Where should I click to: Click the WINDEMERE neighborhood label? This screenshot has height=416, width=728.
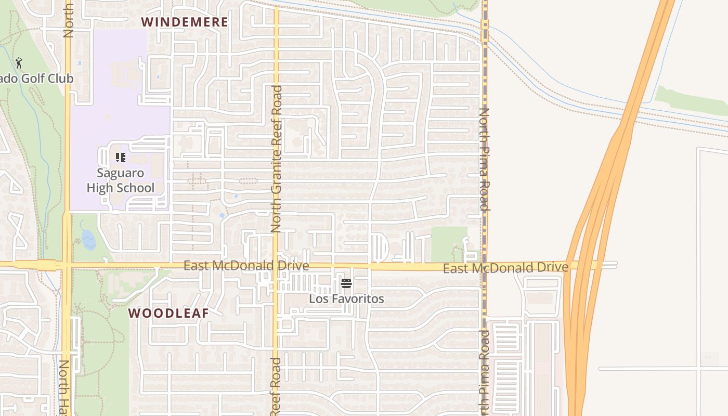pyautogui.click(x=185, y=22)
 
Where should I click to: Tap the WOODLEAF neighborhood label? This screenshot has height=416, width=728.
pyautogui.click(x=168, y=313)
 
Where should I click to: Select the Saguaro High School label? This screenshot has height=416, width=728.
pyautogui.click(x=121, y=180)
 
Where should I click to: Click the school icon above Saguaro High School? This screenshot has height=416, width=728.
pyautogui.click(x=121, y=157)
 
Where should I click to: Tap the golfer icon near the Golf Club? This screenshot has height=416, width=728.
pyautogui.click(x=19, y=63)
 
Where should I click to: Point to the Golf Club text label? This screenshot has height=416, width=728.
pyautogui.click(x=36, y=79)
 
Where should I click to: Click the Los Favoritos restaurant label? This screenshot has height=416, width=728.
pyautogui.click(x=346, y=299)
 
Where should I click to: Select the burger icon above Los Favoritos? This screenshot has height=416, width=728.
pyautogui.click(x=346, y=283)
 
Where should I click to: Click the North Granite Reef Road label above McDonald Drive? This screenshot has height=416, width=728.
pyautogui.click(x=277, y=159)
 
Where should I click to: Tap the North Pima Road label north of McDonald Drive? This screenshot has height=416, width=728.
pyautogui.click(x=484, y=159)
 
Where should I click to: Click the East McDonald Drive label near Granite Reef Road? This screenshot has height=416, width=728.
pyautogui.click(x=246, y=266)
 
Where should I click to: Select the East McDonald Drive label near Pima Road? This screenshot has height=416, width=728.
pyautogui.click(x=505, y=268)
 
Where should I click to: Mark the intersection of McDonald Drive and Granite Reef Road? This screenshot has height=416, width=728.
pyautogui.click(x=276, y=266)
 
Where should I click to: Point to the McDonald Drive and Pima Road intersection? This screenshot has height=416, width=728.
pyautogui.click(x=484, y=266)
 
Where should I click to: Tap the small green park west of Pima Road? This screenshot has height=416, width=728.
pyautogui.click(x=448, y=243)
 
